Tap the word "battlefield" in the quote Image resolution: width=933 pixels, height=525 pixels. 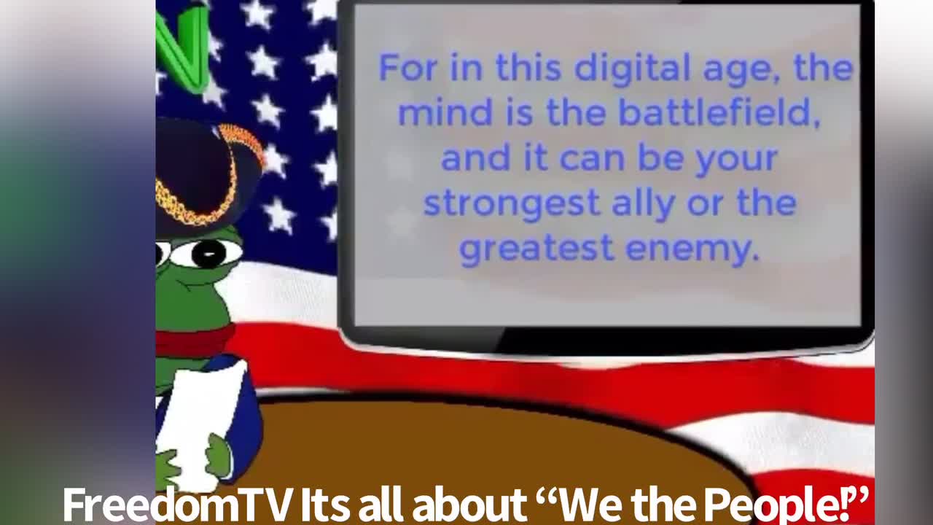719,114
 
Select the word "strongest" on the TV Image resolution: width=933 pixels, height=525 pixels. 511,203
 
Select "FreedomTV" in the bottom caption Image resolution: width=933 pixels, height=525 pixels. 177,503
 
